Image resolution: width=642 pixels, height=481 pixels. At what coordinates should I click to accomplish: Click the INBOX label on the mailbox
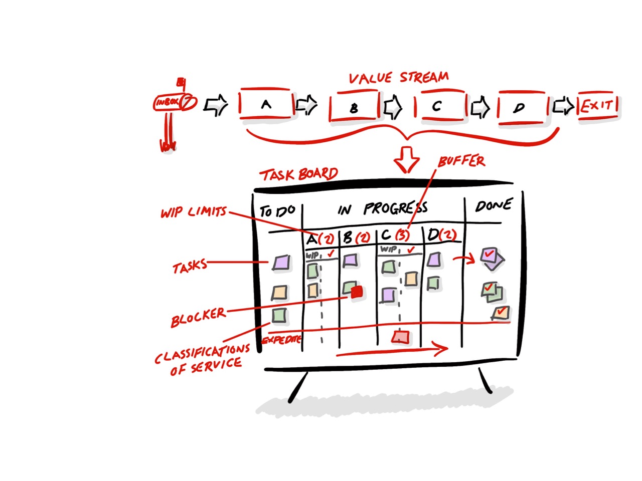(x=168, y=102)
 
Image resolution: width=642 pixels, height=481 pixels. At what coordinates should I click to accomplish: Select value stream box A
(x=266, y=105)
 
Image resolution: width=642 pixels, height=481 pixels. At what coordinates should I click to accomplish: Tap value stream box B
(x=354, y=107)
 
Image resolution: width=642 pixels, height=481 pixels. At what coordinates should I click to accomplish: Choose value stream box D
(x=520, y=107)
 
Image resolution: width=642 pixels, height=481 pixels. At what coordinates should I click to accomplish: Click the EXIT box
(x=597, y=105)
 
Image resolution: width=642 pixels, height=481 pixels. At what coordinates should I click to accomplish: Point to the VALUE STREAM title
(x=399, y=78)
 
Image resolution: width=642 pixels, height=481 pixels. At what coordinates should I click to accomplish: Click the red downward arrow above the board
(x=406, y=160)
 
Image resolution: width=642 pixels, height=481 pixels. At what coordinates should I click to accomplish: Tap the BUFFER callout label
(x=461, y=161)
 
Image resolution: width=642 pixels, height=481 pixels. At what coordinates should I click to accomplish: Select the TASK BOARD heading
(x=299, y=174)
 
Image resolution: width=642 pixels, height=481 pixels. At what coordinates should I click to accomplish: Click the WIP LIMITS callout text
(x=194, y=212)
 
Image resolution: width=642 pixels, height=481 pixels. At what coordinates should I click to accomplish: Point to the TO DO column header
(x=277, y=211)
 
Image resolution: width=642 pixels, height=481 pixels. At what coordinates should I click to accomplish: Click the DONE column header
(x=494, y=205)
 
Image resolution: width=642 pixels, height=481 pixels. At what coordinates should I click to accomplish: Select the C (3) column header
(x=396, y=235)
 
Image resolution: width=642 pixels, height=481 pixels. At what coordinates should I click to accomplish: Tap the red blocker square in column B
(x=357, y=292)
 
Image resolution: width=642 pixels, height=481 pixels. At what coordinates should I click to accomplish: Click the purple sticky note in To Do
(x=281, y=263)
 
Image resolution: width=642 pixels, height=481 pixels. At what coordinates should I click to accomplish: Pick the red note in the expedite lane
(x=400, y=337)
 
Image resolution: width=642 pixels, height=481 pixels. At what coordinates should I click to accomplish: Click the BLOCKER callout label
(x=198, y=318)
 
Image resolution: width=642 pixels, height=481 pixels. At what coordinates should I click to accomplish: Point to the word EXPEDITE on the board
(x=281, y=340)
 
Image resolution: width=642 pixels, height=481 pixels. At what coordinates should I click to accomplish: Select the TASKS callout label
(x=190, y=267)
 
